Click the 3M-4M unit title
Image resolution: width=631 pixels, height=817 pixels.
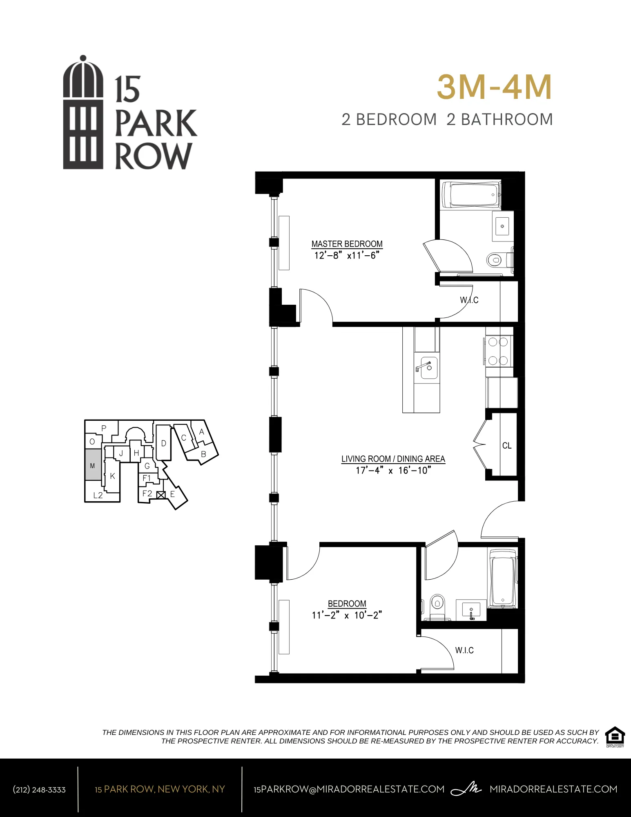coord(494,87)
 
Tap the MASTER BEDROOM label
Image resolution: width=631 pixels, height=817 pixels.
coord(347,244)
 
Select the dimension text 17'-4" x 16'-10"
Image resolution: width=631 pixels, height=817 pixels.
coord(393,471)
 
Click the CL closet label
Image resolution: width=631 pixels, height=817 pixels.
coord(507,446)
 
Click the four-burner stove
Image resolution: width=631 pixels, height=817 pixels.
coord(498,351)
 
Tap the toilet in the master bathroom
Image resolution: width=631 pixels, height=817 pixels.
coord(495,259)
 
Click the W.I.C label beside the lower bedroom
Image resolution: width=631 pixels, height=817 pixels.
coord(464,650)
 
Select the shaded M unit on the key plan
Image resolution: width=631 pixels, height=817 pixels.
coord(93,465)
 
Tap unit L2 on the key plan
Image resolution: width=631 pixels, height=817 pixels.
coord(98,495)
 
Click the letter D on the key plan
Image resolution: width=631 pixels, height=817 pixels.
coord(163,443)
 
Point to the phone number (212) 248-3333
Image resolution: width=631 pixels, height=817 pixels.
coord(39,790)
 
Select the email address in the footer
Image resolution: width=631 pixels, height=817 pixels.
coord(349,789)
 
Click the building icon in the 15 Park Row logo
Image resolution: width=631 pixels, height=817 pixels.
coord(83,112)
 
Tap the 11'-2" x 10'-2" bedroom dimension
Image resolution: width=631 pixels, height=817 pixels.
coord(347,615)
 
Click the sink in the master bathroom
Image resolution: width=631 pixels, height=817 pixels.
coord(502,226)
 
